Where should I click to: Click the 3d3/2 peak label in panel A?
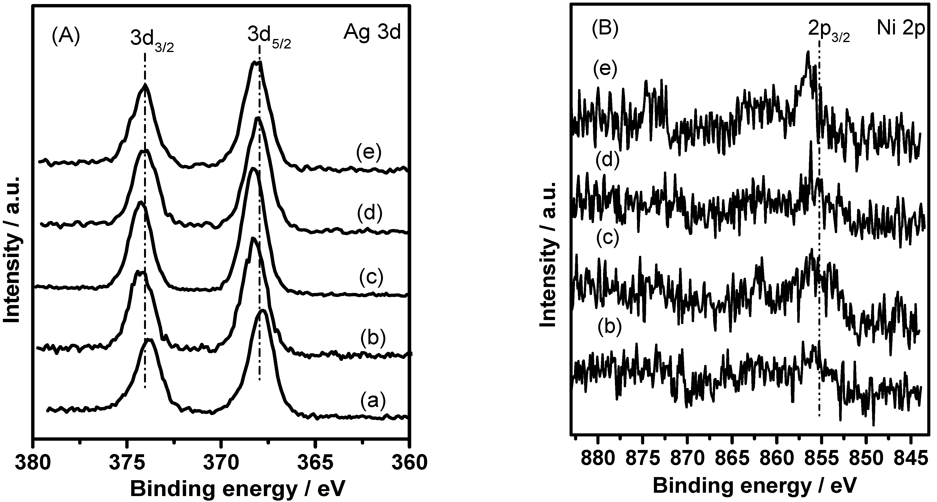point(151,43)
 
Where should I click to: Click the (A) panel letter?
point(65,37)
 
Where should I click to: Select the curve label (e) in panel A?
point(368,152)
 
